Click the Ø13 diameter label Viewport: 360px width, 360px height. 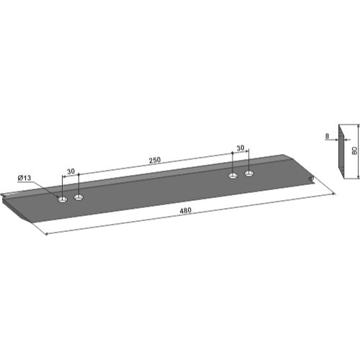[x=24, y=178]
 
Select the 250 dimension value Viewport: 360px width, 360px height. [x=155, y=160]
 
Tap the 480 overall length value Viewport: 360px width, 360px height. [x=186, y=210]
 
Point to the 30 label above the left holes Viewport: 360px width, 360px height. [x=71, y=171]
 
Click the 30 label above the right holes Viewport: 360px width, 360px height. [x=240, y=148]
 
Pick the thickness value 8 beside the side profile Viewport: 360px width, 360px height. [x=327, y=136]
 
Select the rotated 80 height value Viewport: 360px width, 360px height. [x=354, y=150]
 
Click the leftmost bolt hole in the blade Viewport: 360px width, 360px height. [x=63, y=199]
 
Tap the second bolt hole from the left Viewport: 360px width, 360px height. [x=78, y=197]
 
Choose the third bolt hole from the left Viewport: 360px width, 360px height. [x=233, y=176]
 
